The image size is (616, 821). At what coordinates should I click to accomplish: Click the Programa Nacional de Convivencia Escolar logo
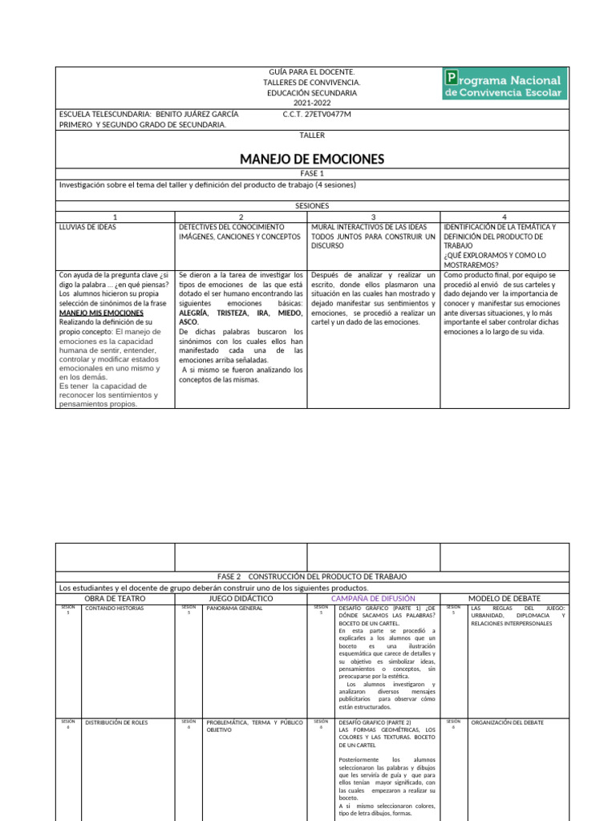pyautogui.click(x=505, y=83)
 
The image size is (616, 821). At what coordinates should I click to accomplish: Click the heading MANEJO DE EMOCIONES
pyautogui.click(x=312, y=159)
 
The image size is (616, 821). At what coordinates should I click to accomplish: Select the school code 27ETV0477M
pyautogui.click(x=317, y=115)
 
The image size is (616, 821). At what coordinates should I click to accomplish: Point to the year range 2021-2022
pyautogui.click(x=312, y=103)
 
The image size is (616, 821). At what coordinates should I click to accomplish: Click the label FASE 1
pyautogui.click(x=312, y=173)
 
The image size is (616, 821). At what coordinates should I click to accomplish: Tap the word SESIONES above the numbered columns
pyautogui.click(x=312, y=206)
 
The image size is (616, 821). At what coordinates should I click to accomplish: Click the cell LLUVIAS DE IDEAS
pyautogui.click(x=87, y=227)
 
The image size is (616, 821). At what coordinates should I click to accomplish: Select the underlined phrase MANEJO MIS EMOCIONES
pyautogui.click(x=101, y=313)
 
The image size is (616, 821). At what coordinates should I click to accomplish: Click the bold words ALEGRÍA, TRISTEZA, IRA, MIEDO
pyautogui.click(x=241, y=313)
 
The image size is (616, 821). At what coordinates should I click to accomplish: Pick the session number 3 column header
pyautogui.click(x=373, y=216)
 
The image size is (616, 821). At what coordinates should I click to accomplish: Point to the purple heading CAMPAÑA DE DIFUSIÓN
pyautogui.click(x=373, y=598)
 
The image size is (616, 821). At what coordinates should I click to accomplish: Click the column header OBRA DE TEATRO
pyautogui.click(x=115, y=598)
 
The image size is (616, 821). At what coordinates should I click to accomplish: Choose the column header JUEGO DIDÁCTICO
pyautogui.click(x=241, y=598)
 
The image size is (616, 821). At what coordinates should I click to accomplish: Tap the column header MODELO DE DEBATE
pyautogui.click(x=504, y=598)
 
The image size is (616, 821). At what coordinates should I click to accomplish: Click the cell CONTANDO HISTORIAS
pyautogui.click(x=114, y=609)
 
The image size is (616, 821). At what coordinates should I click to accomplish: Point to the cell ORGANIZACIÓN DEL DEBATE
pyautogui.click(x=507, y=722)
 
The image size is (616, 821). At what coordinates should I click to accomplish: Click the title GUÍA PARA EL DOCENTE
pyautogui.click(x=312, y=72)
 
